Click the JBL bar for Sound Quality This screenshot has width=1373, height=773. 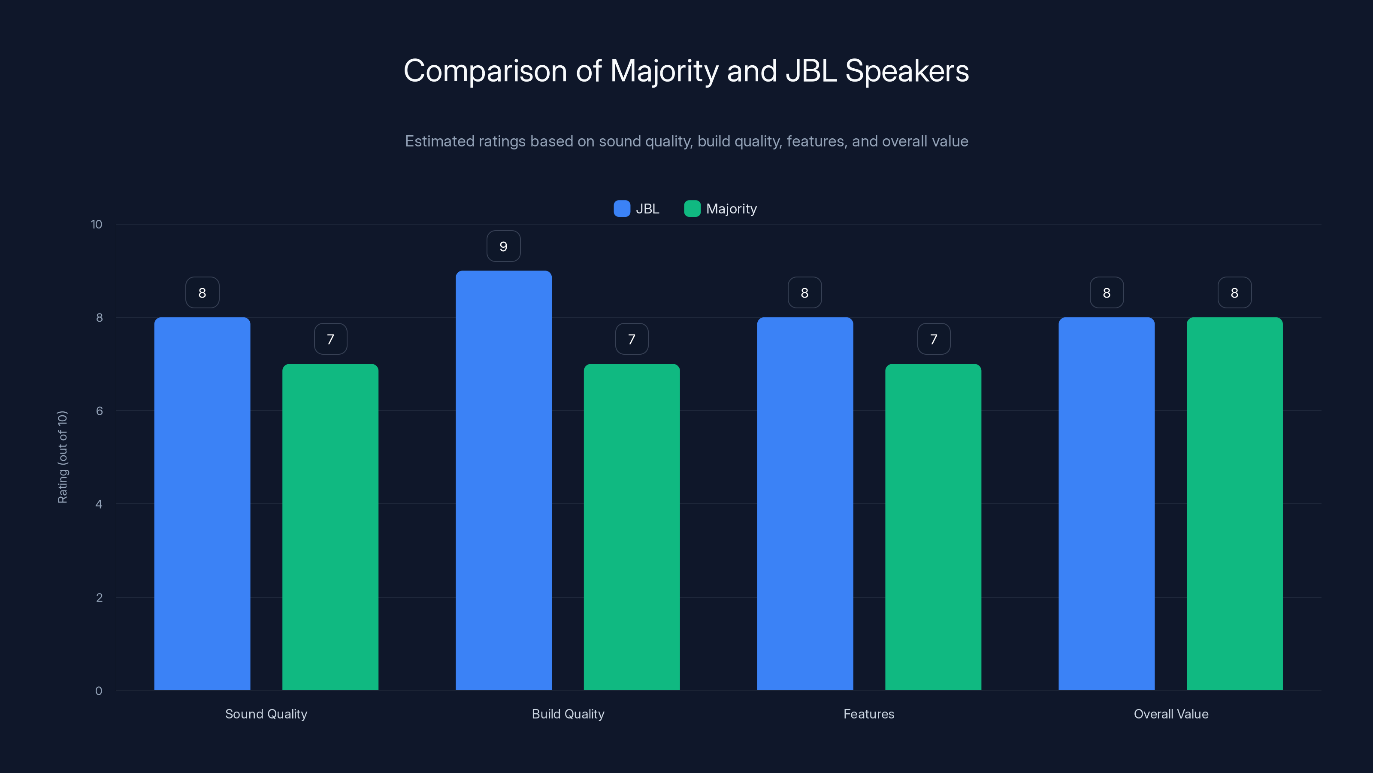(202, 504)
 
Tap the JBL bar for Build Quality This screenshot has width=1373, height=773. (503, 480)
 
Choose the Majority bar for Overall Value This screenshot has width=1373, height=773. (1234, 504)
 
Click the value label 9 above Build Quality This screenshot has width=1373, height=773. (503, 247)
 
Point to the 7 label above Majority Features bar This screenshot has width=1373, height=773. (933, 339)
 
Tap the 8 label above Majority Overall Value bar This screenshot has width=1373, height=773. (1234, 293)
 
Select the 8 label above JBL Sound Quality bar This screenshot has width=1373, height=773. (202, 293)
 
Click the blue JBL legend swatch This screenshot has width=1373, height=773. (621, 209)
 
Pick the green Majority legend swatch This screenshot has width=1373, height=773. (692, 209)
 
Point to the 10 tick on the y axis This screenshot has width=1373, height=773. (97, 225)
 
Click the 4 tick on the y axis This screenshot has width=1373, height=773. (99, 504)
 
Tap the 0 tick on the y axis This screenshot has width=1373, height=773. (99, 691)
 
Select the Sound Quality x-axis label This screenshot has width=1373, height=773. (266, 714)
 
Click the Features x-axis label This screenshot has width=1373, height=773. (869, 714)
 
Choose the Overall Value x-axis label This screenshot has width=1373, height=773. (1171, 714)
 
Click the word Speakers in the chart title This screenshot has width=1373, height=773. (907, 71)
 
